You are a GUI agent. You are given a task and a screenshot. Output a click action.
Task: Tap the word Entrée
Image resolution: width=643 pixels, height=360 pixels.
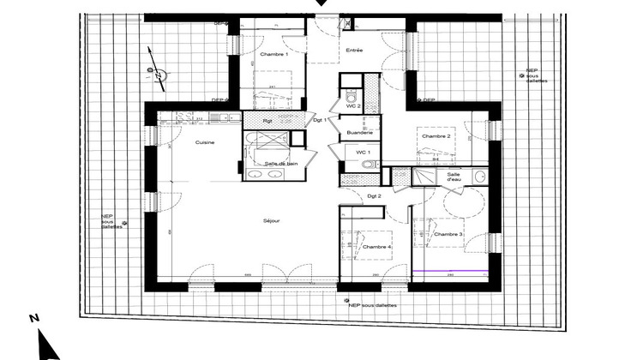point(354,51)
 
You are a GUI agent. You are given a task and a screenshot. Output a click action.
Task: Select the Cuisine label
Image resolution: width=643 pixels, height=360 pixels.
point(204,142)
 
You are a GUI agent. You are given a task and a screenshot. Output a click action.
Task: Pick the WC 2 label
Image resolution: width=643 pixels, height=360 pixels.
point(353,105)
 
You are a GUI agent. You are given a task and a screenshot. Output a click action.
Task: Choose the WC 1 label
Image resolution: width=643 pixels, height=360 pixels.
point(352,152)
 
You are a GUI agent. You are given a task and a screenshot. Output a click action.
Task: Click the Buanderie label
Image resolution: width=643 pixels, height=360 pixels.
point(360,133)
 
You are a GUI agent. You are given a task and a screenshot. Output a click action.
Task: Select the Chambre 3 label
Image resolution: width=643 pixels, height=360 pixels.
point(448,234)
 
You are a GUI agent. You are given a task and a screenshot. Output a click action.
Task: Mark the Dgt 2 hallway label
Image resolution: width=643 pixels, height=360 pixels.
point(374,197)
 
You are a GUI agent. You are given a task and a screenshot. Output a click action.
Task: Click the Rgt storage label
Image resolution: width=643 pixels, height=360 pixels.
point(267,121)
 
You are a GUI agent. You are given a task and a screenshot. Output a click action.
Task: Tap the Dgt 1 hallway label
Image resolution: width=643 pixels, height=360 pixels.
point(320,119)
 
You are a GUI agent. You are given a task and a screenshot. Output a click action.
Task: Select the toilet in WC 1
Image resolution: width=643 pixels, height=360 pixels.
point(367,164)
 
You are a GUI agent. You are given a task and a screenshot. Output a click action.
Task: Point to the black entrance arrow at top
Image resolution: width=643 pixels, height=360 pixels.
point(321,3)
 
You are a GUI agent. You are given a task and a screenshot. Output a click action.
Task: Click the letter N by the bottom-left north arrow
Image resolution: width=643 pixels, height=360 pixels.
point(33,318)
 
